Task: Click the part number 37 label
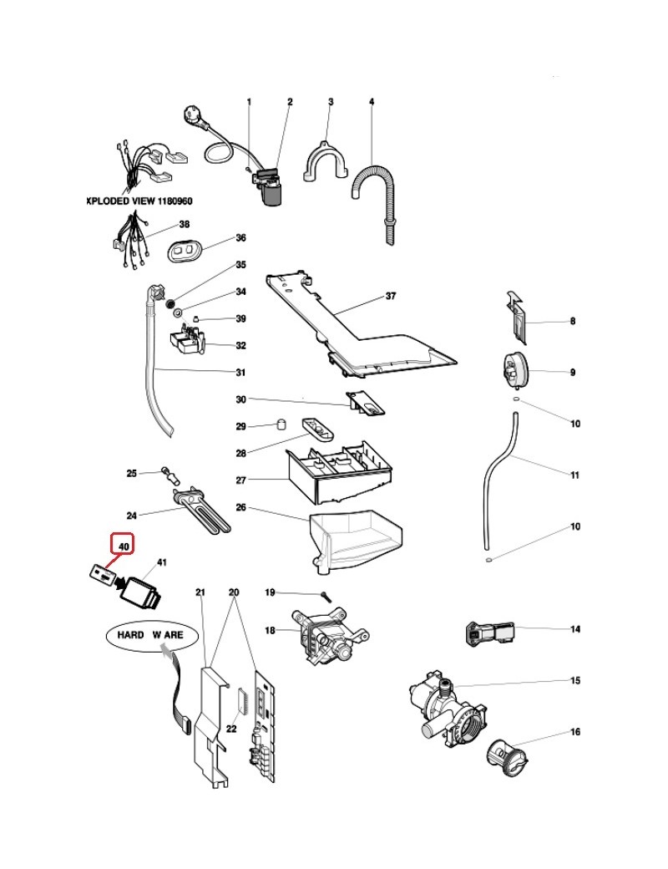tap(390, 297)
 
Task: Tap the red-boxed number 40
tap(124, 547)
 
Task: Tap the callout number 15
tap(574, 681)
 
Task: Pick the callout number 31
tap(240, 373)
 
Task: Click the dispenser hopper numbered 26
tap(355, 540)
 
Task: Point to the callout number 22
tap(232, 729)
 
